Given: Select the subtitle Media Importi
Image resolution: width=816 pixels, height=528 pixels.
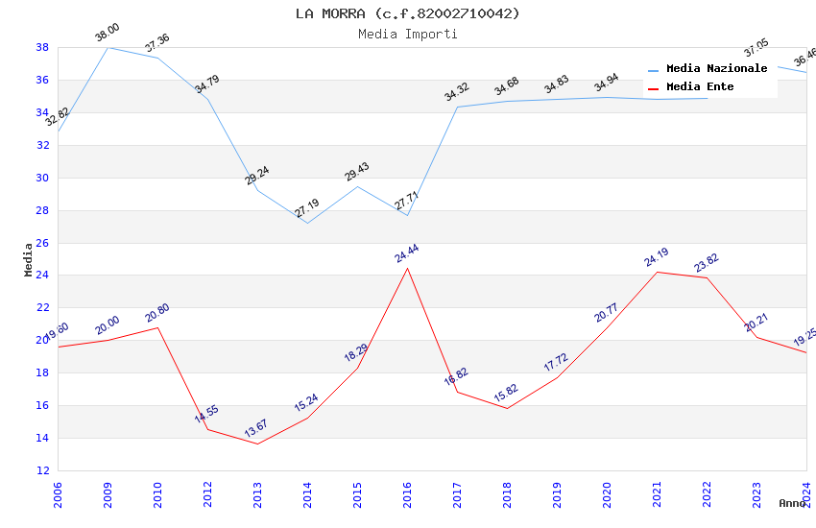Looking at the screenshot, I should click(x=407, y=35).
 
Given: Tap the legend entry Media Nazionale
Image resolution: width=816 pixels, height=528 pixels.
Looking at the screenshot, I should click(x=716, y=69).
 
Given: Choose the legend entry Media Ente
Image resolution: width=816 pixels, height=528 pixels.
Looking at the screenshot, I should click(x=700, y=87).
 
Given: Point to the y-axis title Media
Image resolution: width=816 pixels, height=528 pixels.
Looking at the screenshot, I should click(x=29, y=259).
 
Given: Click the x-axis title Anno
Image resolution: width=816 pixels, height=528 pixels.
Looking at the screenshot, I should click(x=792, y=503).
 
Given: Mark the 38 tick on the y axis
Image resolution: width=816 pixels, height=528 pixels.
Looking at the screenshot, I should click(x=42, y=47).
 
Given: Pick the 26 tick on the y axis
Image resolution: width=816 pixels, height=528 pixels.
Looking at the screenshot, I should click(x=42, y=243).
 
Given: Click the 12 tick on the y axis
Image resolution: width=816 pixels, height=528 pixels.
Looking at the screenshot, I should click(x=42, y=470).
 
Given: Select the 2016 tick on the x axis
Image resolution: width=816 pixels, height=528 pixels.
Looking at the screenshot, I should click(x=408, y=494).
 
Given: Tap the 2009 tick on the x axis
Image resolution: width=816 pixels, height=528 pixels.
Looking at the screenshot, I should click(x=108, y=494).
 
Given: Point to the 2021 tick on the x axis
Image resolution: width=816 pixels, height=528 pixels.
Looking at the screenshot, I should click(x=658, y=494).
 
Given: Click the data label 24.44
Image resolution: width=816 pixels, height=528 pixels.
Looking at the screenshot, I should click(x=407, y=253).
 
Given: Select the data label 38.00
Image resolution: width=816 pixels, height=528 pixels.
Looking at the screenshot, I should click(x=108, y=34).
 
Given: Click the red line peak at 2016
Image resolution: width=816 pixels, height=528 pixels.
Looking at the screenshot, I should click(x=407, y=268).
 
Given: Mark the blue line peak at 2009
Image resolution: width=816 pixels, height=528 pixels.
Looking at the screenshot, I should click(x=108, y=47).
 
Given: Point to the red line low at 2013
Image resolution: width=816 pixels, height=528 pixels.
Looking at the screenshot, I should click(x=257, y=444).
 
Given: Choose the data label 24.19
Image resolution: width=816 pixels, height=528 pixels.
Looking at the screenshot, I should click(x=657, y=257).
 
